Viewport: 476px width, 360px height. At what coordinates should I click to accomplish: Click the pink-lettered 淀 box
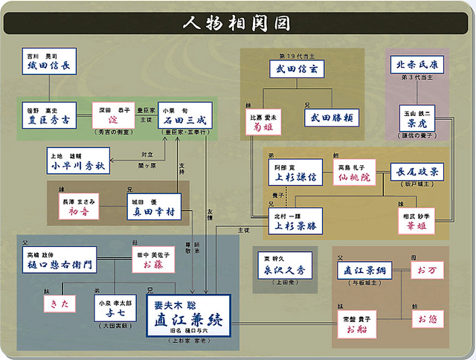point(114,118)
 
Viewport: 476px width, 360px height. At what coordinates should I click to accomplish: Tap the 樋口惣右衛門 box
point(66,263)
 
